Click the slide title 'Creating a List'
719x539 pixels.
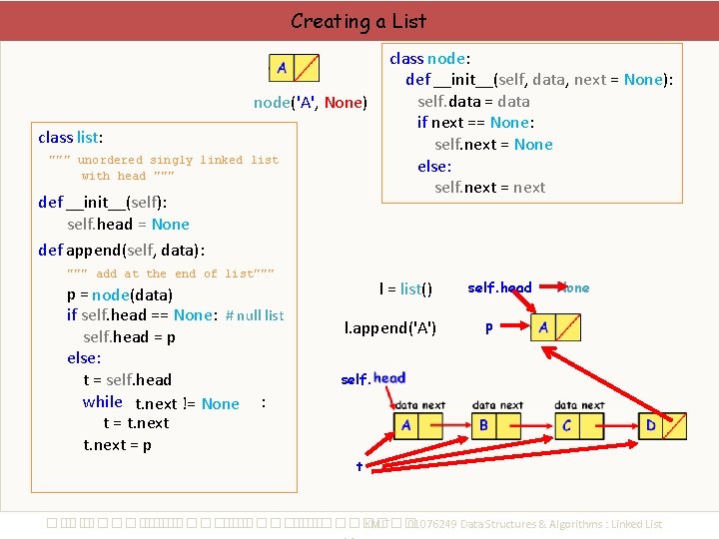(358, 20)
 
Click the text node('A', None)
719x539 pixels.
(311, 102)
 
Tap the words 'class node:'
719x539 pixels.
(430, 58)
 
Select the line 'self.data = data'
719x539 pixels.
(473, 101)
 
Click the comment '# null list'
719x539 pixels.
(255, 315)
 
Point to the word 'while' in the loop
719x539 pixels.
(103, 401)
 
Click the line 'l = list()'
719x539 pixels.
(405, 288)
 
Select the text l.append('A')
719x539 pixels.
(390, 327)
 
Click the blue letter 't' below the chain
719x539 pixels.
(359, 466)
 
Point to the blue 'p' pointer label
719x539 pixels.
(488, 326)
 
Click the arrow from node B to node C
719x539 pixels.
(533, 426)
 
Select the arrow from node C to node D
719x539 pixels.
(616, 426)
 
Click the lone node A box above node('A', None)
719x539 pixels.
(295, 68)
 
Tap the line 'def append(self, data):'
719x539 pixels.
(121, 250)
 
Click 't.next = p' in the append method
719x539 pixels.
(117, 445)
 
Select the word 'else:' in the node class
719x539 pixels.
(434, 166)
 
